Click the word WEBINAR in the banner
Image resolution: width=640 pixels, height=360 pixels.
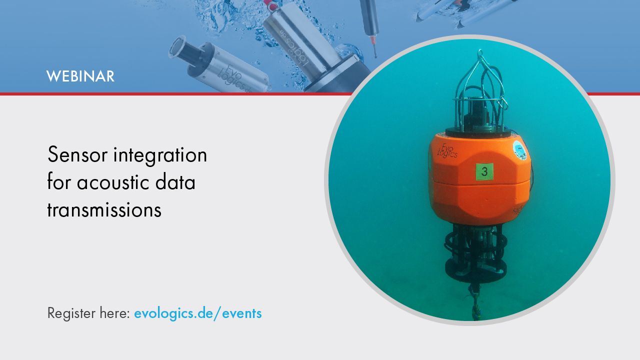(80, 76)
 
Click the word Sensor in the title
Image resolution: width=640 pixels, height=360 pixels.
(77, 154)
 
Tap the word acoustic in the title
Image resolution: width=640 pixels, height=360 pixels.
(112, 182)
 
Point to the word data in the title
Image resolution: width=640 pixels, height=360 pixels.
(175, 181)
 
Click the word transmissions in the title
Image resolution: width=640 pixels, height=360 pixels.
(104, 210)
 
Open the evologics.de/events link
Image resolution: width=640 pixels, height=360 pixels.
(197, 313)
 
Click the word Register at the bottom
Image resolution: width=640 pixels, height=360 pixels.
(71, 313)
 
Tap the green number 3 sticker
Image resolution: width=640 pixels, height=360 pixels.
(484, 171)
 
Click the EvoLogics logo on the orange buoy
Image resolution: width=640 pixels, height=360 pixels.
(447, 150)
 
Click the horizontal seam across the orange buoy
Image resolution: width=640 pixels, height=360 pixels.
(480, 183)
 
